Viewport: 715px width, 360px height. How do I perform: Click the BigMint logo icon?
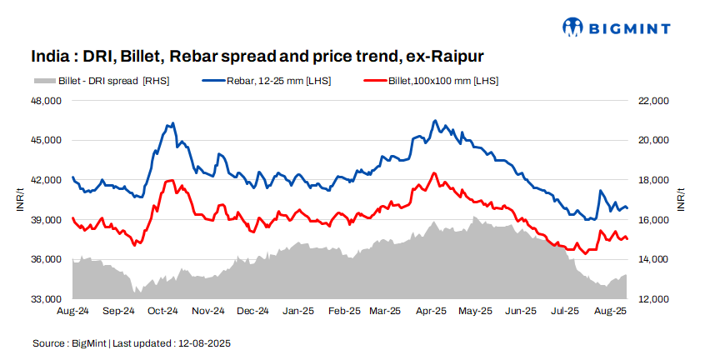click(x=575, y=27)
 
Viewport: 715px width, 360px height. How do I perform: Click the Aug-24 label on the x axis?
click(x=72, y=312)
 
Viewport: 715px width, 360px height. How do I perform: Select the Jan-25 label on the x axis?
click(x=298, y=312)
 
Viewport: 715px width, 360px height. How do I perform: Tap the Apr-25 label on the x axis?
click(x=430, y=312)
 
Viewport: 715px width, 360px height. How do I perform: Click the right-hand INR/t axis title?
click(x=681, y=200)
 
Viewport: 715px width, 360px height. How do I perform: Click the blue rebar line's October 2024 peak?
click(x=172, y=123)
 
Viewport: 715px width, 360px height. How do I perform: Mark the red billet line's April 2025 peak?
click(x=433, y=172)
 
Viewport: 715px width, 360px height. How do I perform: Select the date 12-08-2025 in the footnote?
click(x=206, y=343)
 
